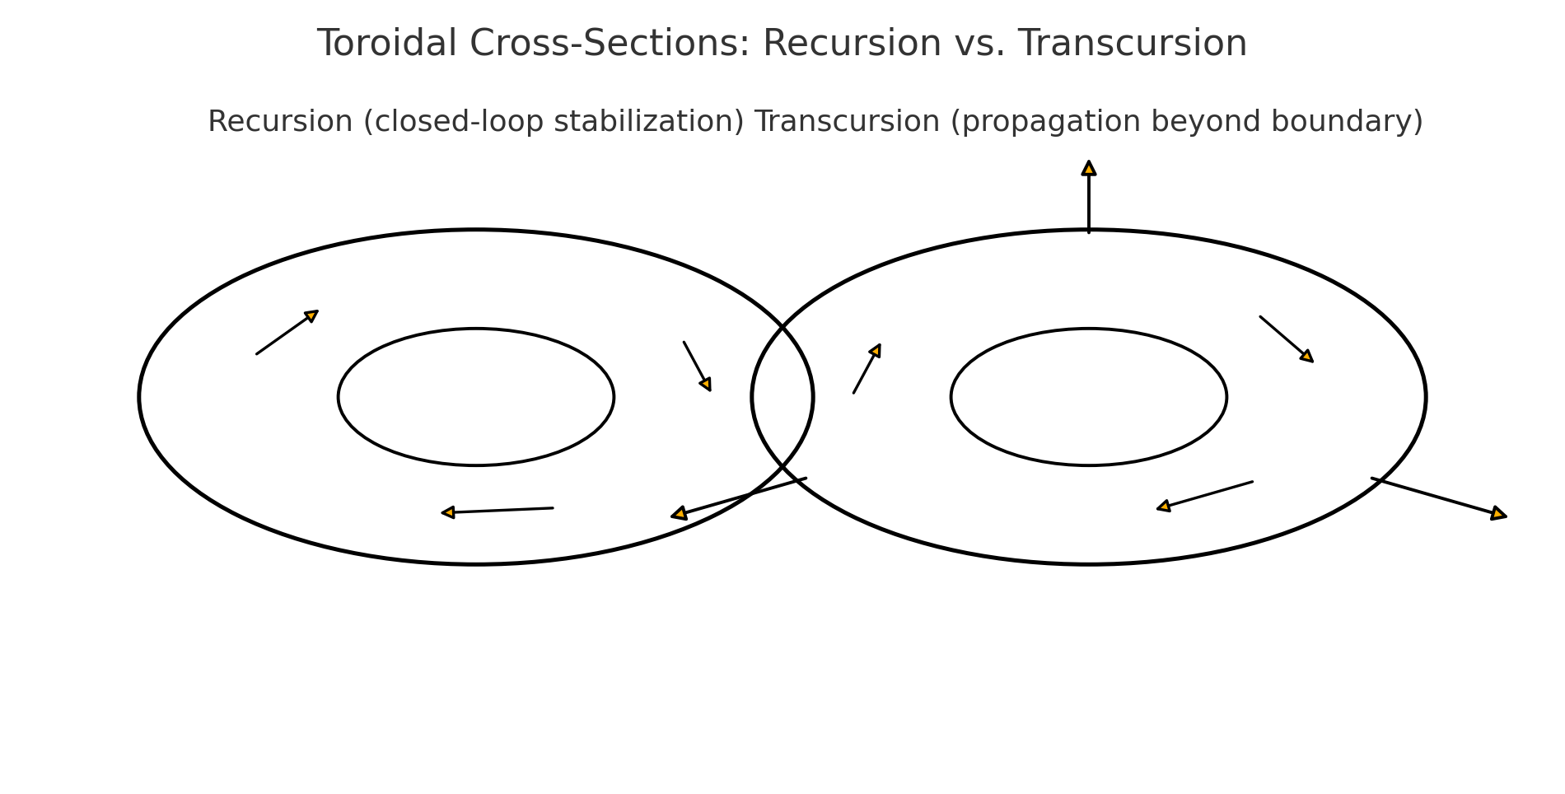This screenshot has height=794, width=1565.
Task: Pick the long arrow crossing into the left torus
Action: click(x=739, y=497)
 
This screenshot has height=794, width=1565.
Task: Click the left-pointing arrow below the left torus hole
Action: click(x=498, y=511)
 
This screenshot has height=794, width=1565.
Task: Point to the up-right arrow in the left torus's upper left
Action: click(x=287, y=333)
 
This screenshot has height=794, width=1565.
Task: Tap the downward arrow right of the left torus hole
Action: click(x=697, y=366)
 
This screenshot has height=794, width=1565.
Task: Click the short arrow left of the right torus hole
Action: click(x=867, y=369)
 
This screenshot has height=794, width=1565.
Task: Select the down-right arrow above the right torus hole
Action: click(x=1286, y=339)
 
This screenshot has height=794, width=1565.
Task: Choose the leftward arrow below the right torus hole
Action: click(x=1205, y=496)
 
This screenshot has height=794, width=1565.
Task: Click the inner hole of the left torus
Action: click(x=476, y=397)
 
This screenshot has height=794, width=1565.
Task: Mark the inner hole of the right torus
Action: click(x=1089, y=397)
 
